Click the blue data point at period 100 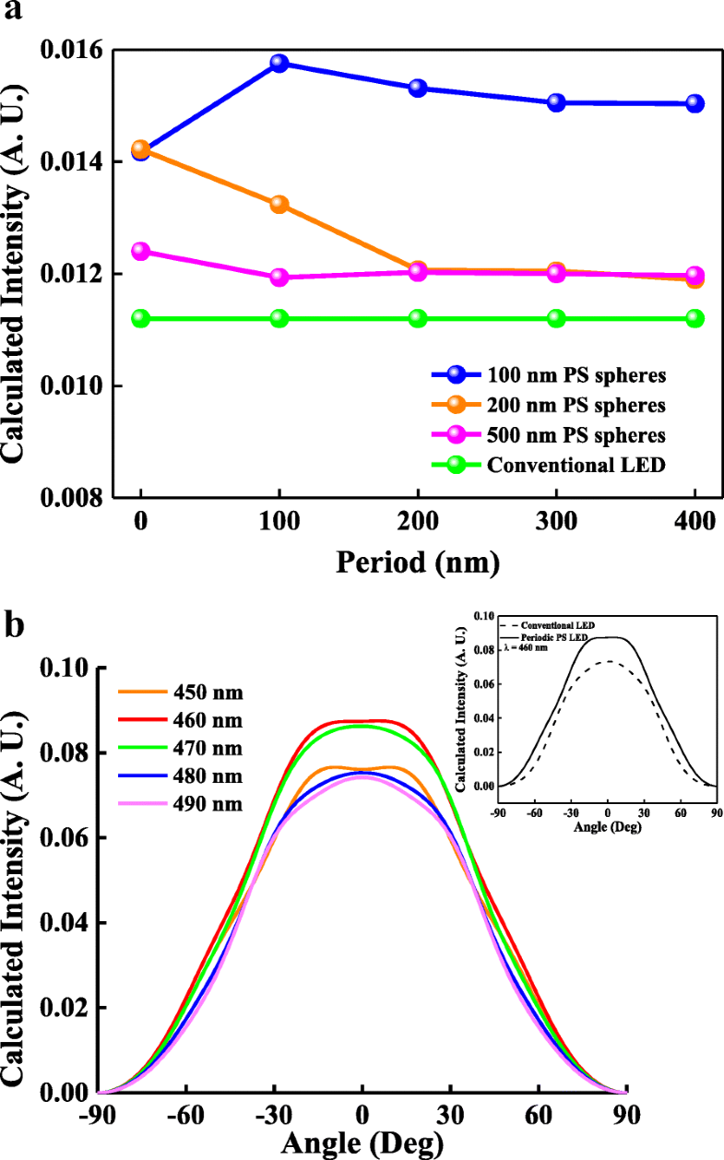coord(279,64)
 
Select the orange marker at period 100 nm coord(279,205)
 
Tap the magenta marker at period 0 coord(140,252)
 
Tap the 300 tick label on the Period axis coord(556,525)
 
